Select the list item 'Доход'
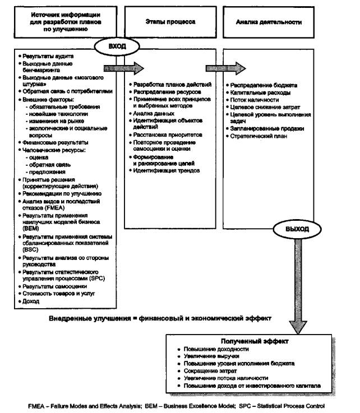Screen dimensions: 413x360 [30, 300]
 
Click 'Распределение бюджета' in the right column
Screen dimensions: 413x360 [264, 85]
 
